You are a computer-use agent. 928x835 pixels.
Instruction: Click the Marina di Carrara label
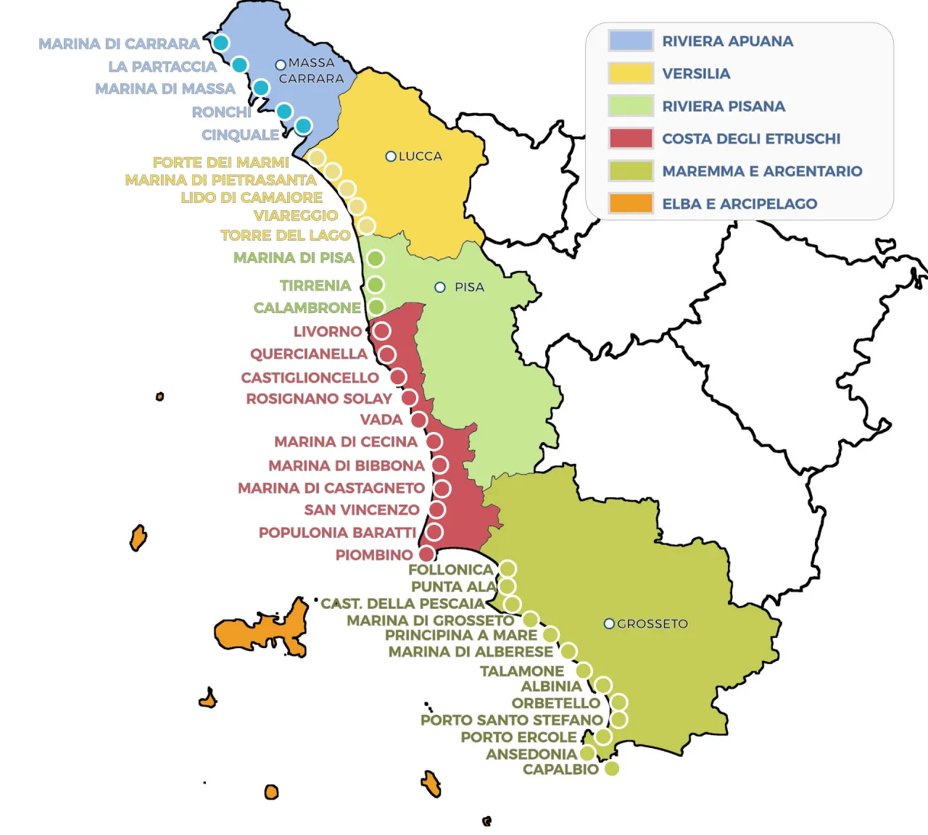[x=119, y=44]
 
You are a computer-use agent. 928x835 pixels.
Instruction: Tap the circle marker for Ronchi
[x=284, y=111]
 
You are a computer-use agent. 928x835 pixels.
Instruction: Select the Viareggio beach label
[x=296, y=215]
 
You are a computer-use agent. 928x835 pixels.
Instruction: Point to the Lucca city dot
[x=391, y=156]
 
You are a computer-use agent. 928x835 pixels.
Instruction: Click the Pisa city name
[x=469, y=287]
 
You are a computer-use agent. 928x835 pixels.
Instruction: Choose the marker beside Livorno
[x=381, y=331]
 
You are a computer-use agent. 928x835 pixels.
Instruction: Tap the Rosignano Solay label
[x=319, y=399]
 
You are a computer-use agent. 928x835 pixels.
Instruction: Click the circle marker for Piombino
[x=427, y=554]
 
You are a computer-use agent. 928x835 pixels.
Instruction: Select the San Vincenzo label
[x=362, y=510]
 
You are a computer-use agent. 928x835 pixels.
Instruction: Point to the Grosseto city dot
[x=609, y=623]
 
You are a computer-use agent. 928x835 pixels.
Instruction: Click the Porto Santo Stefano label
[x=511, y=720]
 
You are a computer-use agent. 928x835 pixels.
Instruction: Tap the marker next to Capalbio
[x=612, y=768]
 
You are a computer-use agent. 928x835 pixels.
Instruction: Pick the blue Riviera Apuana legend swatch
[x=631, y=41]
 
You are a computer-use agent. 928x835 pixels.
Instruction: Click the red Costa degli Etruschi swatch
[x=631, y=138]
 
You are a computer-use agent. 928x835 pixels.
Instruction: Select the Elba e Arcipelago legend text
[x=739, y=204]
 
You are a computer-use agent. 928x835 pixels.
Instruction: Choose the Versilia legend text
[x=696, y=73]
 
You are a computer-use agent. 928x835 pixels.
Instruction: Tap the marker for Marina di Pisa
[x=375, y=259]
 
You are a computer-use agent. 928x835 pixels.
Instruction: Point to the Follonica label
[x=450, y=570]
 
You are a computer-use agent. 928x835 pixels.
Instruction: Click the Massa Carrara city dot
[x=281, y=65]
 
